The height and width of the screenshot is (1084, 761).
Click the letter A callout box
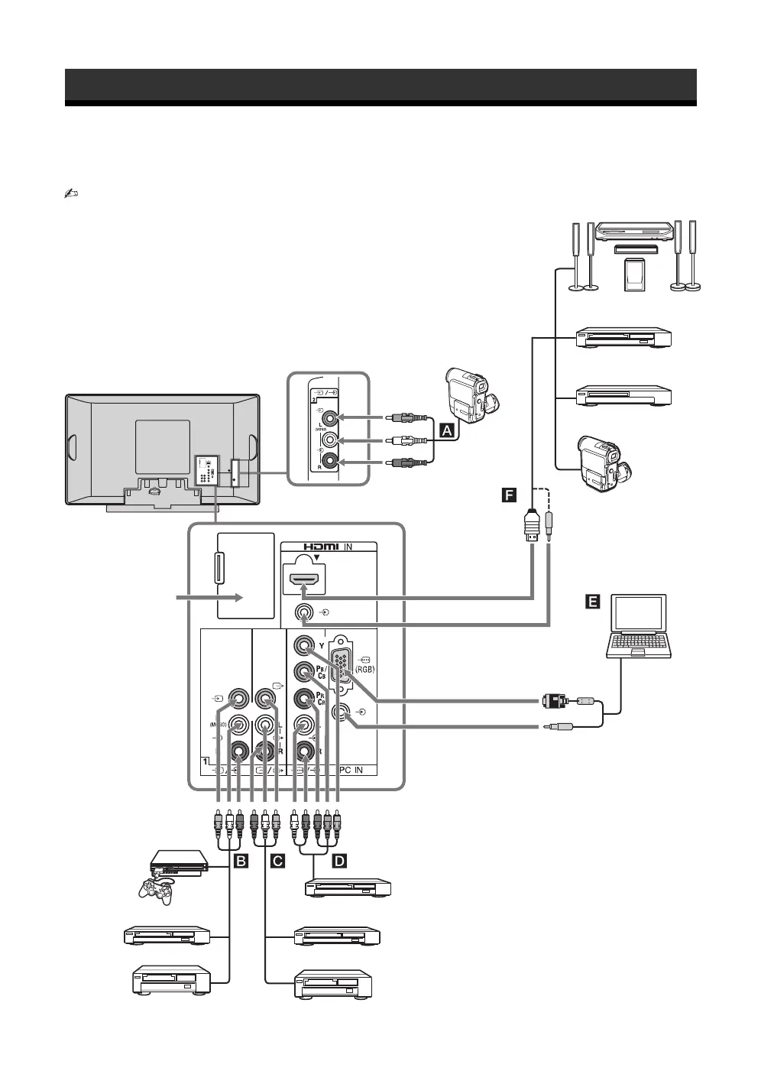pyautogui.click(x=449, y=430)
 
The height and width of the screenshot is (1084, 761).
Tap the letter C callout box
pyautogui.click(x=277, y=862)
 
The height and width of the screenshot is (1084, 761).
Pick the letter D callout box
pyautogui.click(x=339, y=862)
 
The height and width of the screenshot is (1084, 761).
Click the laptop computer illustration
pyautogui.click(x=639, y=627)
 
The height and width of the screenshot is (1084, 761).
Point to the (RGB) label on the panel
pyautogui.click(x=365, y=669)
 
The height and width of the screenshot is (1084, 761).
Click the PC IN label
pyautogui.click(x=356, y=770)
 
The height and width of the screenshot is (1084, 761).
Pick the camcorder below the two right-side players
pyautogui.click(x=604, y=463)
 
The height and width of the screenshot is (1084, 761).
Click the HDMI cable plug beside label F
pyautogui.click(x=533, y=527)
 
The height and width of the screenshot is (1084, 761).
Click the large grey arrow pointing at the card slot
pyautogui.click(x=211, y=597)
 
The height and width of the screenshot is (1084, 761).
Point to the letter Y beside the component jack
pyautogui.click(x=322, y=646)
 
